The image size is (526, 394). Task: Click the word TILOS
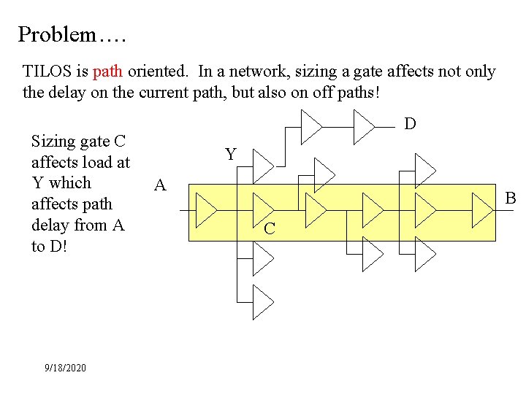[x=47, y=72]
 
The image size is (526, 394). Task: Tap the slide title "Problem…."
[x=69, y=34]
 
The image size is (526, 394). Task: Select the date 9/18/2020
[x=65, y=368]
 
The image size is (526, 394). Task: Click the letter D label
[x=411, y=124]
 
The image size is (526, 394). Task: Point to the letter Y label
[x=231, y=155]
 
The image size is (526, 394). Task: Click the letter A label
[x=160, y=185]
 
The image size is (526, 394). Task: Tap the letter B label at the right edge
[x=511, y=198]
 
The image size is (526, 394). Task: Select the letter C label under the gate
[x=269, y=229]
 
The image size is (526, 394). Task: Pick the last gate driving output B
[x=481, y=212]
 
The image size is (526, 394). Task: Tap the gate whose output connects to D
[x=363, y=127]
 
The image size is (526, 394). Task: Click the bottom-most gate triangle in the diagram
[x=262, y=301]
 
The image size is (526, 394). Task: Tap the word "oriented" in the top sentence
[x=159, y=72]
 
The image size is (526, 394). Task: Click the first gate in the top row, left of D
[x=311, y=127]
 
